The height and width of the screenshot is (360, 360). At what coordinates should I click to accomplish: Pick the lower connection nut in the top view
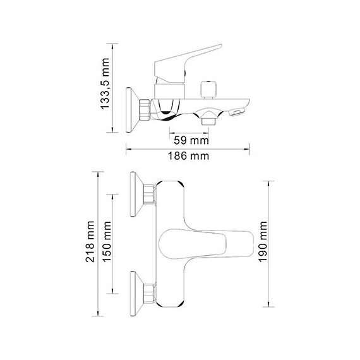point(149,292)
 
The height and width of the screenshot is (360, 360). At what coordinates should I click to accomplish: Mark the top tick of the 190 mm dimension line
point(270,181)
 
